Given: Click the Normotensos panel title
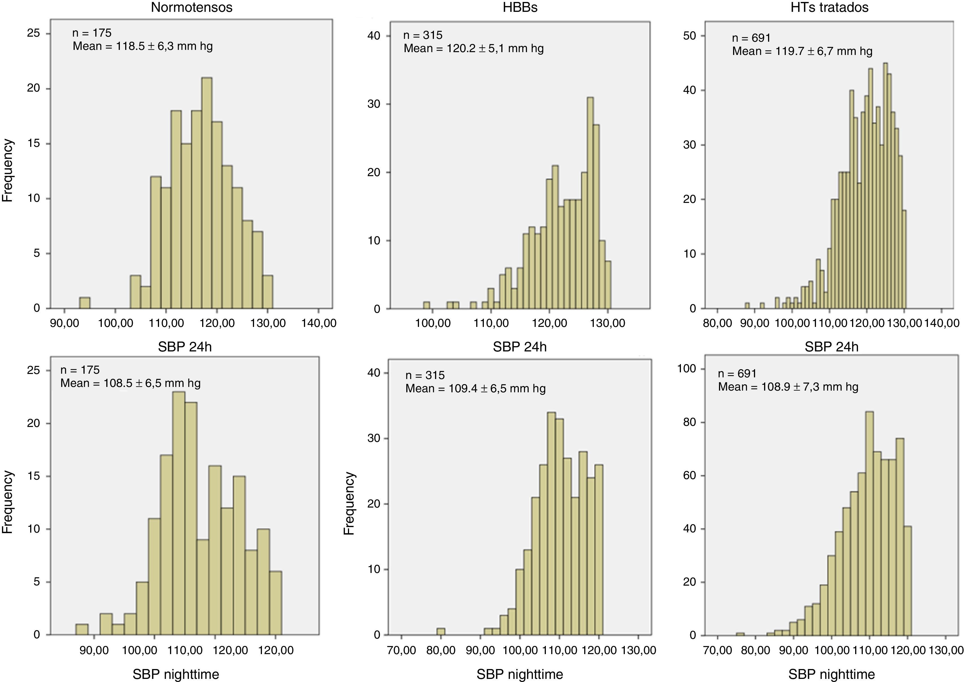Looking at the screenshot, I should click(x=191, y=8).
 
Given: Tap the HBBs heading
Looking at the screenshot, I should click(x=520, y=8).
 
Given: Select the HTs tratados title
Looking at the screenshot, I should click(x=830, y=8).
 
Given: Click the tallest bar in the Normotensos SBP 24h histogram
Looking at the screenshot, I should click(x=207, y=193).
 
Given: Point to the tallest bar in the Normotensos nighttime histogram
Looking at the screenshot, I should click(x=179, y=512).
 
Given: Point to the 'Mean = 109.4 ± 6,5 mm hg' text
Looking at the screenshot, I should click(x=475, y=388).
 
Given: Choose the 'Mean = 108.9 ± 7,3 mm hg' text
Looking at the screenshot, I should click(x=788, y=387).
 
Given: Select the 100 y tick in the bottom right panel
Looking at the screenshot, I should click(x=687, y=369).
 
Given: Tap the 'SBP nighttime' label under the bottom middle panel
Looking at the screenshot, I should click(x=520, y=674).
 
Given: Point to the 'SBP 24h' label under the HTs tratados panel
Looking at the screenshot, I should click(x=831, y=347).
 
